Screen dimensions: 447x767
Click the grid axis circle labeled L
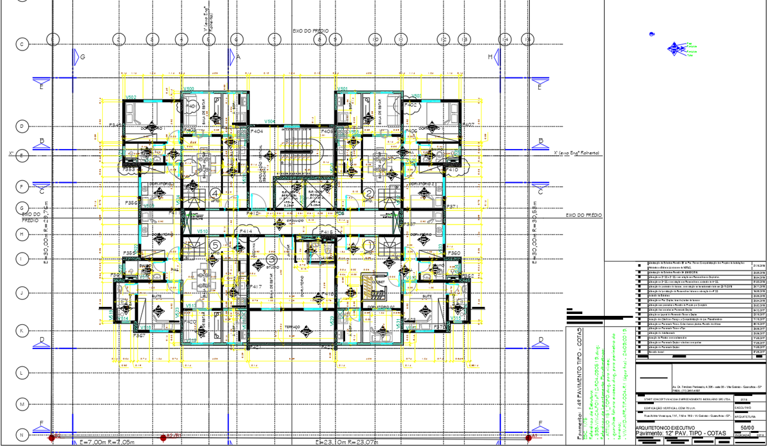coord(22,372)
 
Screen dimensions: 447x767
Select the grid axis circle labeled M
coord(22,404)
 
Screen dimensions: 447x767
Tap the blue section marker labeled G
coord(82,57)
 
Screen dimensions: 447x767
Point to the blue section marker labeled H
coord(491,57)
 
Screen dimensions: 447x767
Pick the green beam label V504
coord(270,121)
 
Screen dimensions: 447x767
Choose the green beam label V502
coord(131,97)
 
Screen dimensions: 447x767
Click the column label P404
coord(257,131)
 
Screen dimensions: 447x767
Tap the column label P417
coord(256,287)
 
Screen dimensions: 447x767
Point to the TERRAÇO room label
coord(293,326)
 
